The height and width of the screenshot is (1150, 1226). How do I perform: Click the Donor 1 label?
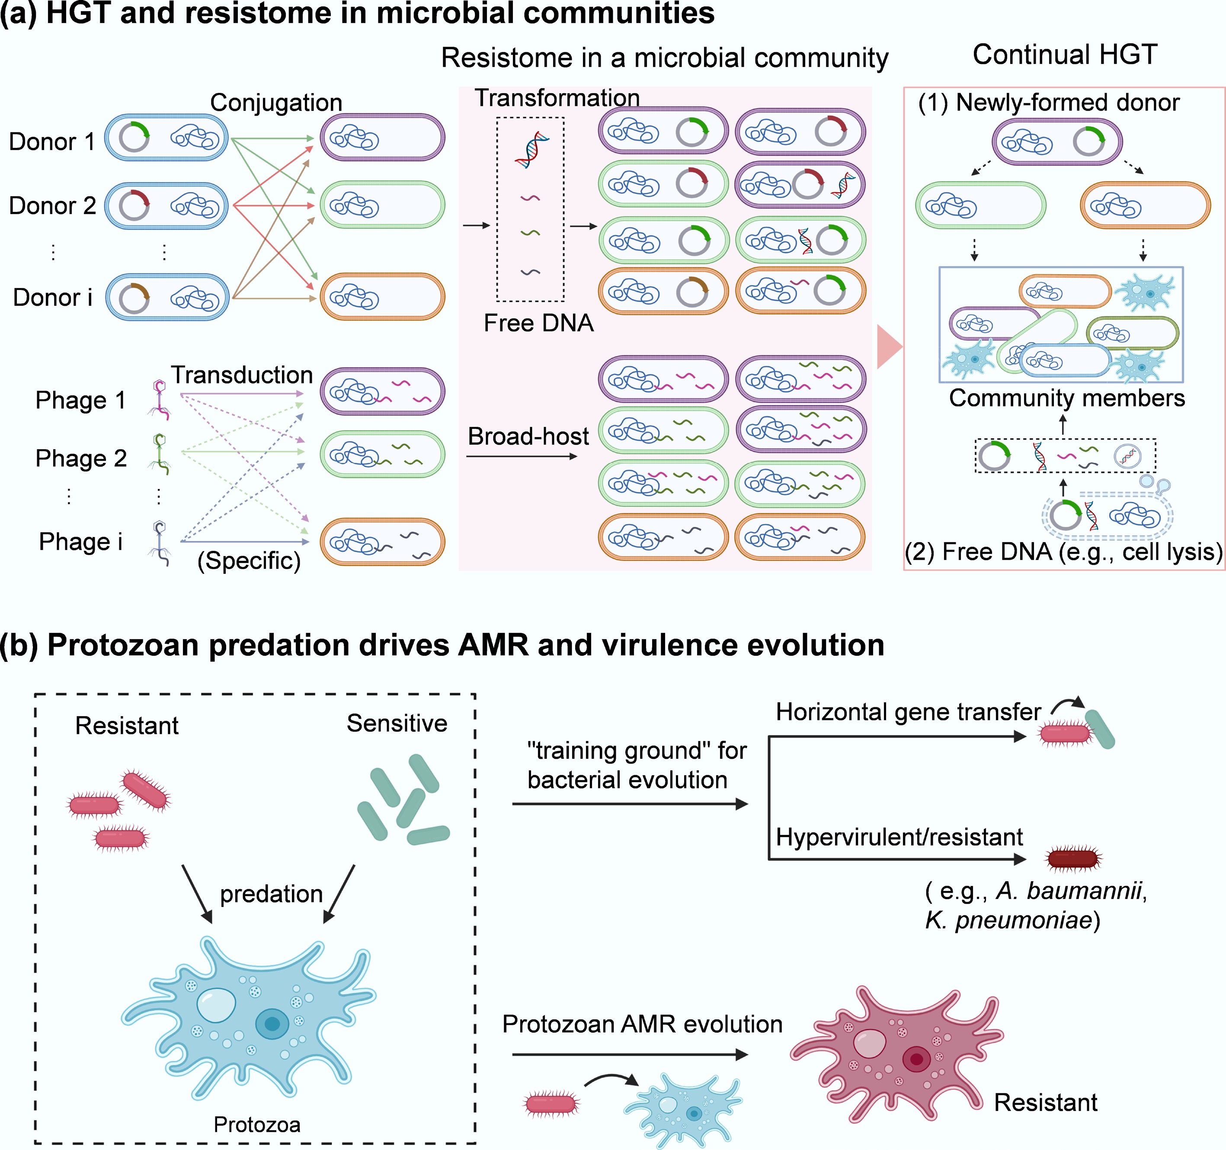pyautogui.click(x=52, y=141)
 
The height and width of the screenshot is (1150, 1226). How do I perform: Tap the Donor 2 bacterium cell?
pyautogui.click(x=166, y=206)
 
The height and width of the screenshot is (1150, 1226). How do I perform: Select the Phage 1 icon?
pyautogui.click(x=160, y=400)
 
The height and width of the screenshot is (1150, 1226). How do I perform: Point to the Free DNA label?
pyautogui.click(x=538, y=323)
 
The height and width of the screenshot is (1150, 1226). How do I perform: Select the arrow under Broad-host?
pyautogui.click(x=521, y=456)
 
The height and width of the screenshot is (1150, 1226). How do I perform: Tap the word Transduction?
pyautogui.click(x=242, y=375)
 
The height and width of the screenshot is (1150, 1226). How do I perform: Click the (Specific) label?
pyautogui.click(x=249, y=560)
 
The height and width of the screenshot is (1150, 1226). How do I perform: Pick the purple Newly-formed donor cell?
pyautogui.click(x=1056, y=142)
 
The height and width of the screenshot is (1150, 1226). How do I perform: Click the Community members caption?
pyautogui.click(x=1066, y=398)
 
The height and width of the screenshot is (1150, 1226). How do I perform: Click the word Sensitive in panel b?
pyautogui.click(x=397, y=723)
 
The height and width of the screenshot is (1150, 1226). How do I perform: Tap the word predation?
pyautogui.click(x=271, y=893)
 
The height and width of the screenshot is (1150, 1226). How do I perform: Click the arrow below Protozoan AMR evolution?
pyautogui.click(x=629, y=1055)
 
